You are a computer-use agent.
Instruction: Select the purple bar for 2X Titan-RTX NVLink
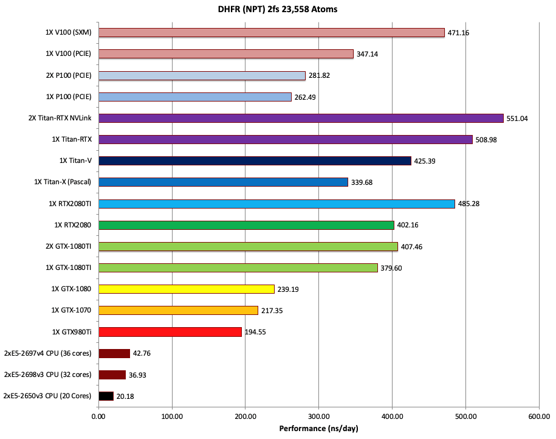(x=301, y=118)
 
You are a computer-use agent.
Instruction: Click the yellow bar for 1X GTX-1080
(x=187, y=289)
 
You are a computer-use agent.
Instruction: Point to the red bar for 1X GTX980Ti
(x=170, y=332)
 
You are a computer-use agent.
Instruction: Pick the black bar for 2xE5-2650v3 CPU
(x=106, y=396)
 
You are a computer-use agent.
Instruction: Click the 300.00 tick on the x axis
(x=318, y=417)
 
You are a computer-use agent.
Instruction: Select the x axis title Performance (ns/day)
(x=318, y=429)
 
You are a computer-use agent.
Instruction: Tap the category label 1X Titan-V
(x=75, y=161)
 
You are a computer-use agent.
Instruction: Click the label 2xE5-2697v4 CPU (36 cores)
(x=48, y=353)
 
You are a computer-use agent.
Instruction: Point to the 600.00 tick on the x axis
(x=538, y=417)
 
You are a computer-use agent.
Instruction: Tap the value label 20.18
(x=125, y=396)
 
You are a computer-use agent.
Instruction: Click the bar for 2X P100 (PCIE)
(x=202, y=75)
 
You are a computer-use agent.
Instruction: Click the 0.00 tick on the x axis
(x=98, y=417)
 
